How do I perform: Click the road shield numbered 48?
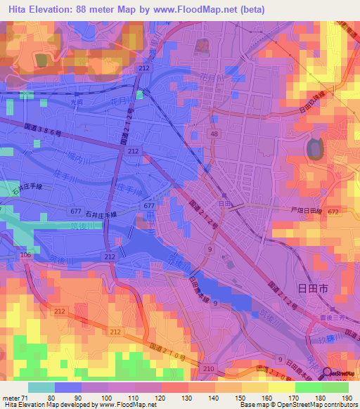click(x=213, y=133)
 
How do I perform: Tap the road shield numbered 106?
click(x=26, y=254)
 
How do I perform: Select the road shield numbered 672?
click(x=333, y=212)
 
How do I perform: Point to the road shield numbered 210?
click(x=208, y=368)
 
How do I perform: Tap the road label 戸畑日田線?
click(x=306, y=209)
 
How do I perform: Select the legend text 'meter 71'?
click(x=16, y=397)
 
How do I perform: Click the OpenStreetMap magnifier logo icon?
click(x=328, y=373)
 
